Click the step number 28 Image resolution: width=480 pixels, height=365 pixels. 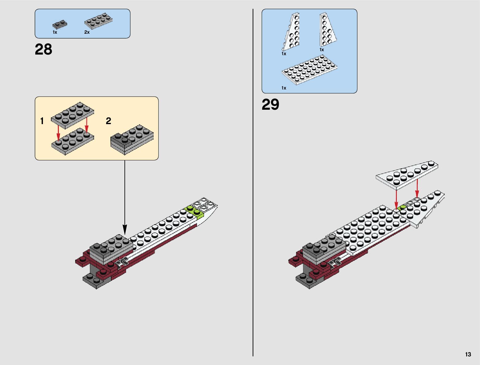click(x=44, y=49)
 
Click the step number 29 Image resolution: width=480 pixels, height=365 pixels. click(x=270, y=105)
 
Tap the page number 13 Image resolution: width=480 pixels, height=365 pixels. click(x=468, y=354)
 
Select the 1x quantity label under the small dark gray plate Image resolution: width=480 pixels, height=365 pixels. click(x=55, y=32)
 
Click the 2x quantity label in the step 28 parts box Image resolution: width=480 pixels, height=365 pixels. click(x=87, y=32)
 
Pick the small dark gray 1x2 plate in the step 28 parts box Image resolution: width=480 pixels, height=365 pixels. click(x=60, y=24)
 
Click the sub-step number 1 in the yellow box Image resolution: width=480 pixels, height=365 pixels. click(x=42, y=121)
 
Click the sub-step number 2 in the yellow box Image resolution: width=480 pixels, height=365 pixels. click(x=108, y=121)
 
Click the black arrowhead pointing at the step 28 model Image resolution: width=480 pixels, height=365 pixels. click(x=125, y=230)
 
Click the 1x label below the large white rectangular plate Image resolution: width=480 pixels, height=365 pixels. click(x=284, y=88)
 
